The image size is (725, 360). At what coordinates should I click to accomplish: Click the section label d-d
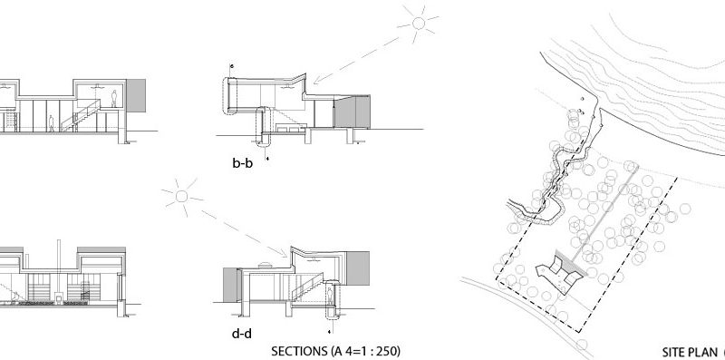click(x=241, y=333)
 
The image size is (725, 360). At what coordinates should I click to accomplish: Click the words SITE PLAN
click(x=688, y=350)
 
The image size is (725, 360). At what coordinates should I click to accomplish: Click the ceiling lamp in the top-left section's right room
click(x=94, y=86)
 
